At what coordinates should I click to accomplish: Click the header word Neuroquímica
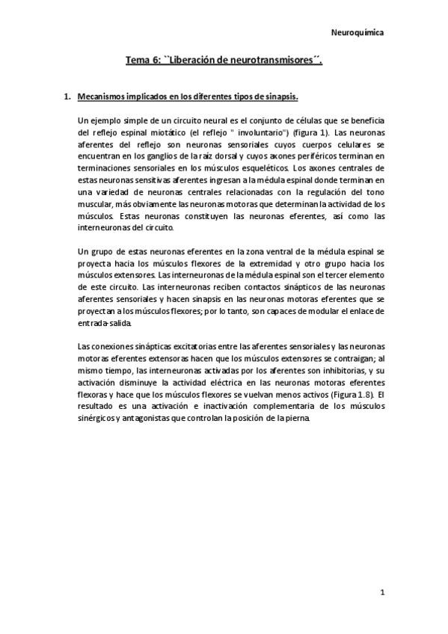coord(358,33)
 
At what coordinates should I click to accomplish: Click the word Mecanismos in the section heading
coord(103,97)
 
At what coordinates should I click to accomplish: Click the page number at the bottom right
coord(381,594)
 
